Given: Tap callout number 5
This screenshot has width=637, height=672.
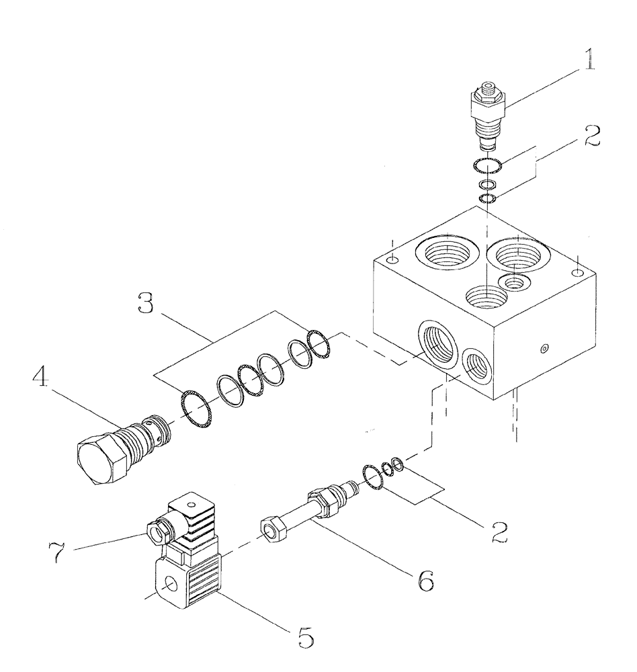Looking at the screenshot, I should point(306,636).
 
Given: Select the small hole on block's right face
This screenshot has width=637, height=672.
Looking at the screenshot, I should point(544,349).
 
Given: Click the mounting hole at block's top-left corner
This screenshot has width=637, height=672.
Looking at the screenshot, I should point(394,260).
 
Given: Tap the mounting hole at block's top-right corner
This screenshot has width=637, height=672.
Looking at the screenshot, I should point(577,271).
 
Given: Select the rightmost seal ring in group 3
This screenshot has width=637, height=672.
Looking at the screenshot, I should point(318,343).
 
